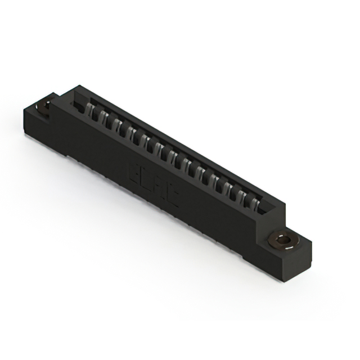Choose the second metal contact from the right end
(242, 195)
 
